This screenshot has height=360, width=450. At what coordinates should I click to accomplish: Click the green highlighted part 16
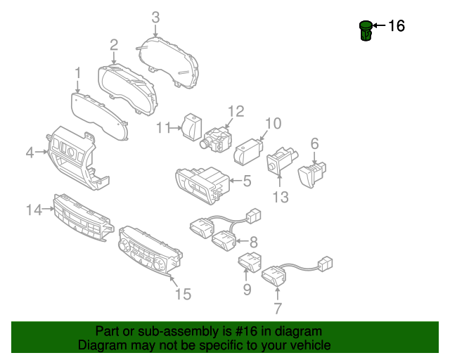click(366, 31)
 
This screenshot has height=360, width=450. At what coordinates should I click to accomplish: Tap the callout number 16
click(397, 26)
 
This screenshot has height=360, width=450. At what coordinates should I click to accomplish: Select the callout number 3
click(155, 17)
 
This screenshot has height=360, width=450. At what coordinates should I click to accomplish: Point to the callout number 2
click(113, 45)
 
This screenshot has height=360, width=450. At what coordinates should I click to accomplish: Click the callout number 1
click(78, 72)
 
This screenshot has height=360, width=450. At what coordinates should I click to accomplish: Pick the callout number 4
click(30, 151)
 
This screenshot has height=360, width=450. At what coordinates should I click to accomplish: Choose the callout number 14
click(34, 208)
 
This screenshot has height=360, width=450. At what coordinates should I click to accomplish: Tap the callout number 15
click(182, 294)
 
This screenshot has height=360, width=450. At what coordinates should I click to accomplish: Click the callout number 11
click(163, 127)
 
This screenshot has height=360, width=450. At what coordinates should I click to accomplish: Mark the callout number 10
click(272, 124)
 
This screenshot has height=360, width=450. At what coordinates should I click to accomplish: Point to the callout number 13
click(281, 198)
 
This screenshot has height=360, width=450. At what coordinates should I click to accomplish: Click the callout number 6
click(314, 143)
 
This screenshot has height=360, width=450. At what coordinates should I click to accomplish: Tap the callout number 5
click(247, 181)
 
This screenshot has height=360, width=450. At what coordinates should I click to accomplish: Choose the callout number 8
click(253, 241)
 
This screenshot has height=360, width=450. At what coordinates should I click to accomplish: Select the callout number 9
click(247, 288)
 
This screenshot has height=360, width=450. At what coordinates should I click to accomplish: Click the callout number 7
click(277, 307)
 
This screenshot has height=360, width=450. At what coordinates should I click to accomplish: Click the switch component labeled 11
click(191, 127)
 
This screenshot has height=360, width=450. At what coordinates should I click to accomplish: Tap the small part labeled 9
click(250, 262)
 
